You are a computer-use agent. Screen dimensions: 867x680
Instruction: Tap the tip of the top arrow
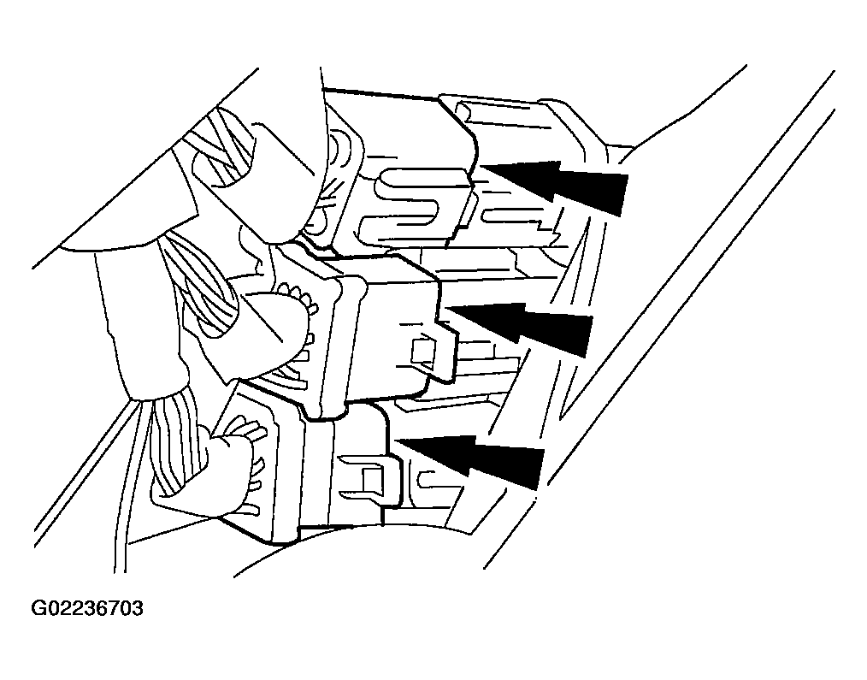click(x=481, y=166)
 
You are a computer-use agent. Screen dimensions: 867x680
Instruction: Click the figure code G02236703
click(x=87, y=609)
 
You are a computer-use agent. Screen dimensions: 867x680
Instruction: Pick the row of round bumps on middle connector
click(x=298, y=296)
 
